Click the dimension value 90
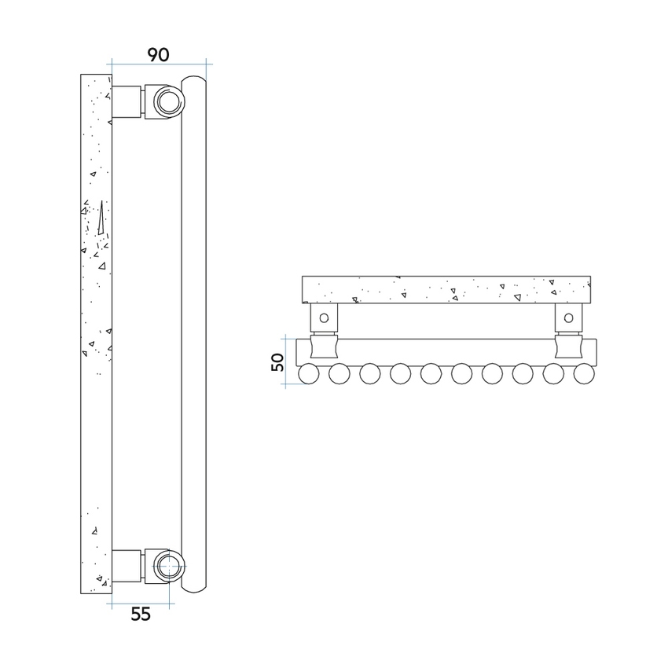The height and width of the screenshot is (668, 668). [x=158, y=54]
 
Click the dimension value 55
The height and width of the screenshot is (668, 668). [x=140, y=615]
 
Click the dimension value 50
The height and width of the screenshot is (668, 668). [x=277, y=362]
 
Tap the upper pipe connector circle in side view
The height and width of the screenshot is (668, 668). [x=167, y=101]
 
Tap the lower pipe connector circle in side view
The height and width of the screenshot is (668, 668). [x=167, y=564]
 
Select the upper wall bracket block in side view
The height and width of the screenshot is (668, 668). [x=127, y=101]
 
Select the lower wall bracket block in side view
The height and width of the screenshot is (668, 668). [x=127, y=565]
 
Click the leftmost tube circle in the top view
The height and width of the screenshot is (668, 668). [x=308, y=374]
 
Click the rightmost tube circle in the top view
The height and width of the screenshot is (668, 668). [x=582, y=374]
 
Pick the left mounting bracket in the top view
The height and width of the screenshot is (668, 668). [x=323, y=317]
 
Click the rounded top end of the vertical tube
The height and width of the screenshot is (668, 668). [x=193, y=80]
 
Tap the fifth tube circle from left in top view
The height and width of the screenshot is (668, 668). [x=430, y=374]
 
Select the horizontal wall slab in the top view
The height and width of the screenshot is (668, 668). [x=446, y=289]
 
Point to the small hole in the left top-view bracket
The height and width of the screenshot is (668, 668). [x=323, y=318]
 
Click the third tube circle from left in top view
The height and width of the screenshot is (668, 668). [x=369, y=374]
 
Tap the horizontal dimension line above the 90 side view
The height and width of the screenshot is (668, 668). [x=158, y=61]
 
